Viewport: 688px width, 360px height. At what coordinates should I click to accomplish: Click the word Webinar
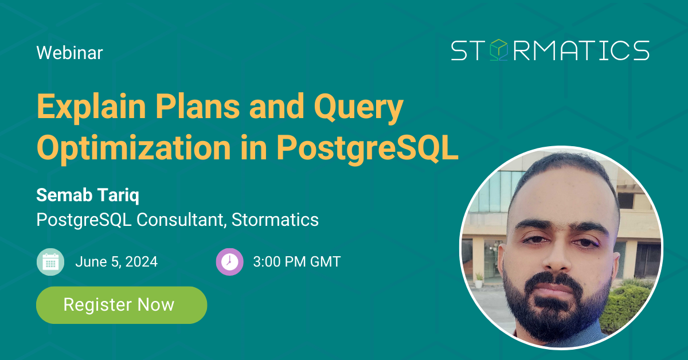tap(69, 53)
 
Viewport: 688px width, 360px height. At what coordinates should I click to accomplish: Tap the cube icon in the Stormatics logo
tap(498, 50)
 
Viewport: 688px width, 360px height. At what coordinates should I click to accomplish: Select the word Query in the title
tap(358, 107)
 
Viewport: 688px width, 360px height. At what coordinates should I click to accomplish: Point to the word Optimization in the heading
tap(134, 148)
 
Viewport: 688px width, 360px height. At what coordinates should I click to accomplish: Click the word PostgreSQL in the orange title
tap(368, 148)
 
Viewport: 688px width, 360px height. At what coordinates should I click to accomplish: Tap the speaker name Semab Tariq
tap(88, 195)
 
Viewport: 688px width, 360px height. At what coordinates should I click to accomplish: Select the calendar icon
tap(50, 262)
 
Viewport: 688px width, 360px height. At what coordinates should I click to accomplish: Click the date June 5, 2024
tap(116, 262)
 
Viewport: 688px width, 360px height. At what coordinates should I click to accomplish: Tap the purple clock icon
tap(230, 262)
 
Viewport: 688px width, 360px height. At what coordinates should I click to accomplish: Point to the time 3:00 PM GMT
tap(297, 262)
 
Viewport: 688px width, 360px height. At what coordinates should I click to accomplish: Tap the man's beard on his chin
tap(557, 319)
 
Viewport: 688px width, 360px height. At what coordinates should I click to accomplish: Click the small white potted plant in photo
tap(479, 280)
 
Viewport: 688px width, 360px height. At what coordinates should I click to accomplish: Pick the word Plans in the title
tap(198, 107)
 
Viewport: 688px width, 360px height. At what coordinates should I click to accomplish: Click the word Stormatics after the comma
tap(275, 220)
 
